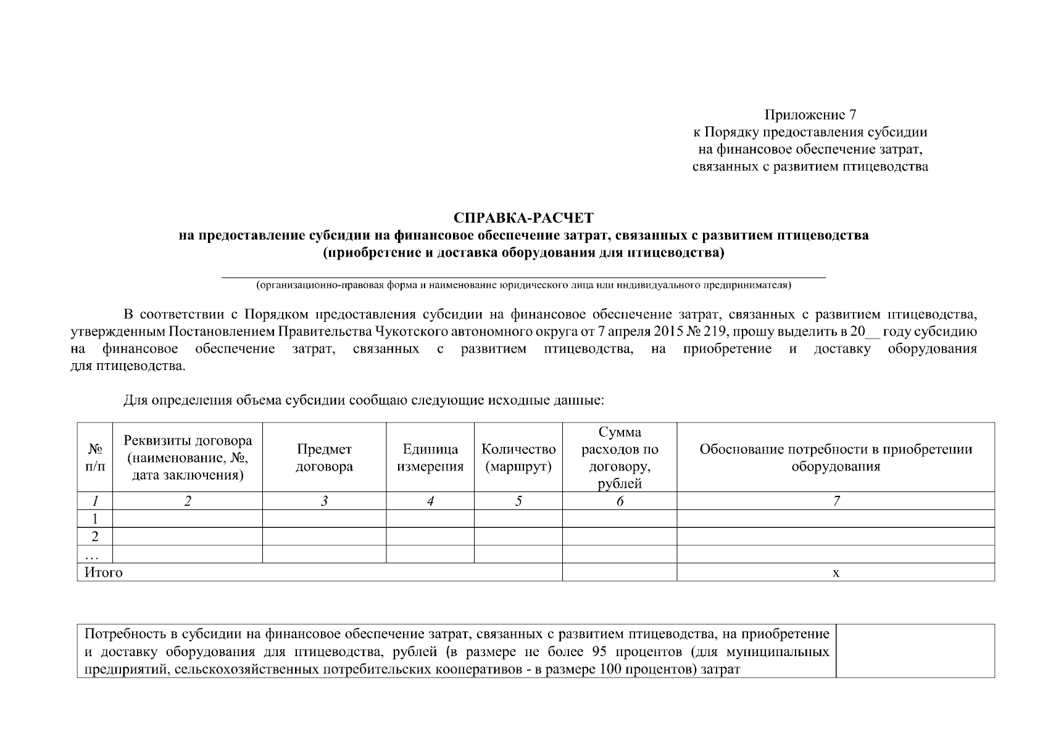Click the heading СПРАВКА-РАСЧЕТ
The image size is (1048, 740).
coord(523,218)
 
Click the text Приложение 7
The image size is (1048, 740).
coord(810,115)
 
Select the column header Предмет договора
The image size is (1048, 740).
coord(324,458)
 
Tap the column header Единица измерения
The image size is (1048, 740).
coord(430,458)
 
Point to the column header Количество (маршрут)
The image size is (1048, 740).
coord(518,458)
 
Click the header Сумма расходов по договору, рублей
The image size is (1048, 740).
coord(620,458)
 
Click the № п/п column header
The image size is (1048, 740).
coord(95,458)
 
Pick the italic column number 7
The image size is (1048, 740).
coord(836,501)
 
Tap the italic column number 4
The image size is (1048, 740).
coord(430,501)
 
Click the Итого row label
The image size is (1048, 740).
coord(104,573)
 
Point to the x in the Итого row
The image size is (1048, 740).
coord(836,573)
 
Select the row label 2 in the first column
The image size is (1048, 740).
coord(95,536)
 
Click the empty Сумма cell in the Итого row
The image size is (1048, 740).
coord(620,573)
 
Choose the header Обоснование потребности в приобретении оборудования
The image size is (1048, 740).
coord(836,458)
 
